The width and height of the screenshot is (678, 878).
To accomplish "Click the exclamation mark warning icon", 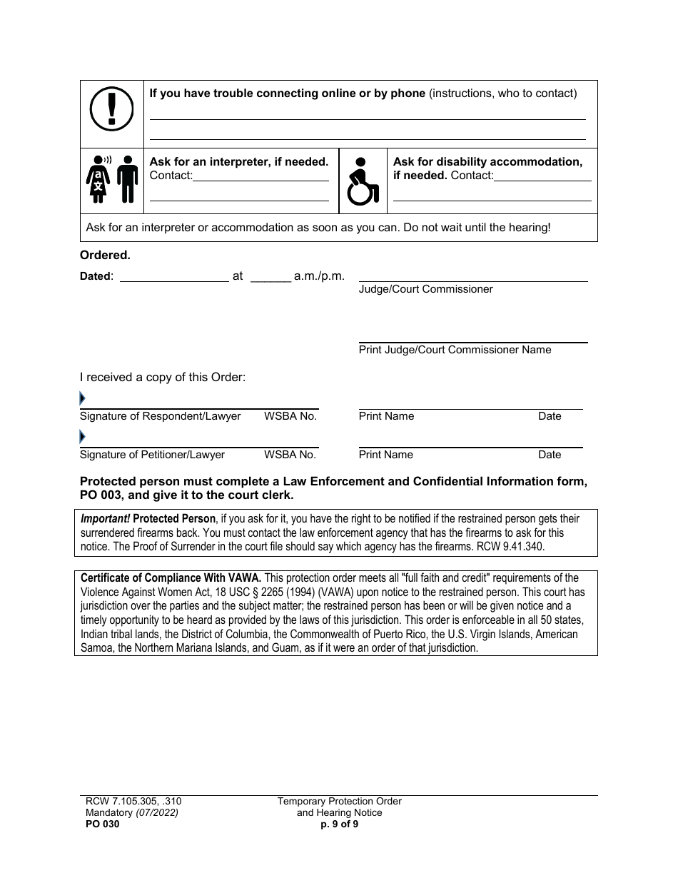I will pos(111,112).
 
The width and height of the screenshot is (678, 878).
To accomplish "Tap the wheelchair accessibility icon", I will pos(362,181).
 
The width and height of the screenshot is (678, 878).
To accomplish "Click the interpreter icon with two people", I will pos(111,179).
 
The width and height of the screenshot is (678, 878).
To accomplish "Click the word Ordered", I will pos(105,255).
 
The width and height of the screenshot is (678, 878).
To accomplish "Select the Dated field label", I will pos(96,276).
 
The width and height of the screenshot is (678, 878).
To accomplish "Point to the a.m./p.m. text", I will pos(319,276).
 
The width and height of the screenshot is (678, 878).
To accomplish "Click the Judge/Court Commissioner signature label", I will pos(425,289).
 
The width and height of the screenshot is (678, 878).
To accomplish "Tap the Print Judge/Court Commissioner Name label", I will pos(455,350).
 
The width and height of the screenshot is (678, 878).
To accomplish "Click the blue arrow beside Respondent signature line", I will pos(82,398).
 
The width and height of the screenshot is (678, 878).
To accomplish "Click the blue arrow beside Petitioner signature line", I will pos(82,437).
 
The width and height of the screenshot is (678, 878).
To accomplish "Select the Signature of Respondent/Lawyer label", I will pos(160,416).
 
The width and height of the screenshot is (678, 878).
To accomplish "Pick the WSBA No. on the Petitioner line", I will pos(290,455).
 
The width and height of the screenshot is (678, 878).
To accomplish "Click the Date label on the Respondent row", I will pos(550,416).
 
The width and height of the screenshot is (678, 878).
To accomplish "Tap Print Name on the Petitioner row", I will pos(385,455).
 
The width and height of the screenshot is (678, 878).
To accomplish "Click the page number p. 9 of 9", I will pos(340,823).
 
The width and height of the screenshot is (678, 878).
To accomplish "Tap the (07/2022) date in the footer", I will pos(156,812).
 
